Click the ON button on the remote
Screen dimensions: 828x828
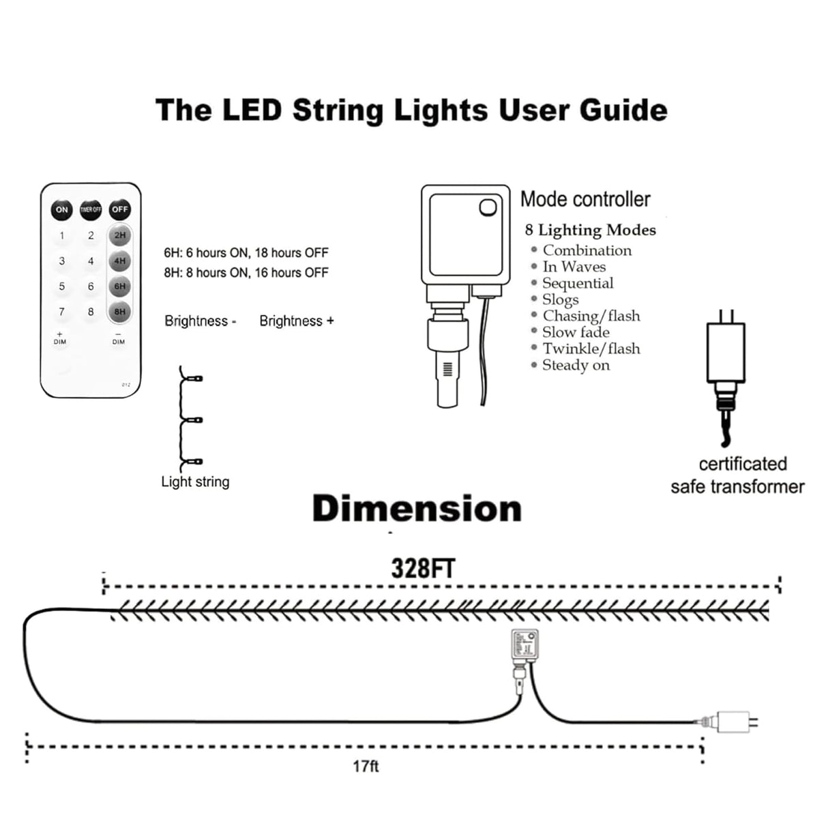click(62, 209)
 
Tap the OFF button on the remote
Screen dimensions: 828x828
click(120, 209)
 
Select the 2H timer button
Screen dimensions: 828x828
click(120, 235)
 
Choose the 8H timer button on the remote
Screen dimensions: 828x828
click(120, 312)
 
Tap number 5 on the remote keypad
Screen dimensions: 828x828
click(62, 286)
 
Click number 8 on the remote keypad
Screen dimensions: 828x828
click(91, 312)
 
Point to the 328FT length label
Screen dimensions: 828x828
click(423, 569)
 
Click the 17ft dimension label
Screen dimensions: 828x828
click(366, 767)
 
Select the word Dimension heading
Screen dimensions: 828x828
click(417, 509)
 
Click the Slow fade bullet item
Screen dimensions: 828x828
click(576, 332)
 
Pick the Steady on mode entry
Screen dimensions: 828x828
click(576, 365)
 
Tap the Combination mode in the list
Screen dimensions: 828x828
click(587, 250)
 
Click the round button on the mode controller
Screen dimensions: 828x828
click(488, 207)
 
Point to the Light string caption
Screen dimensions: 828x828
click(195, 482)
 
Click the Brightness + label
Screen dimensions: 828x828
click(297, 321)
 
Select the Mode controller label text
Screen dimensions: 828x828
click(585, 199)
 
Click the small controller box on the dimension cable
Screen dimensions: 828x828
click(524, 644)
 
